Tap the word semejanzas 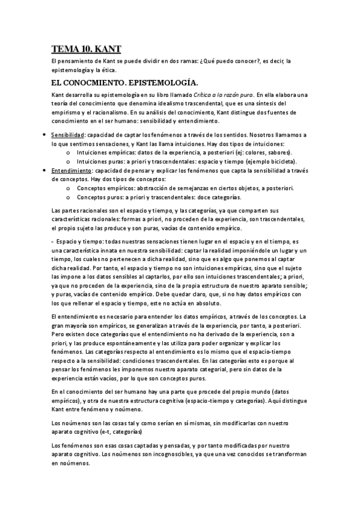[177, 188]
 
